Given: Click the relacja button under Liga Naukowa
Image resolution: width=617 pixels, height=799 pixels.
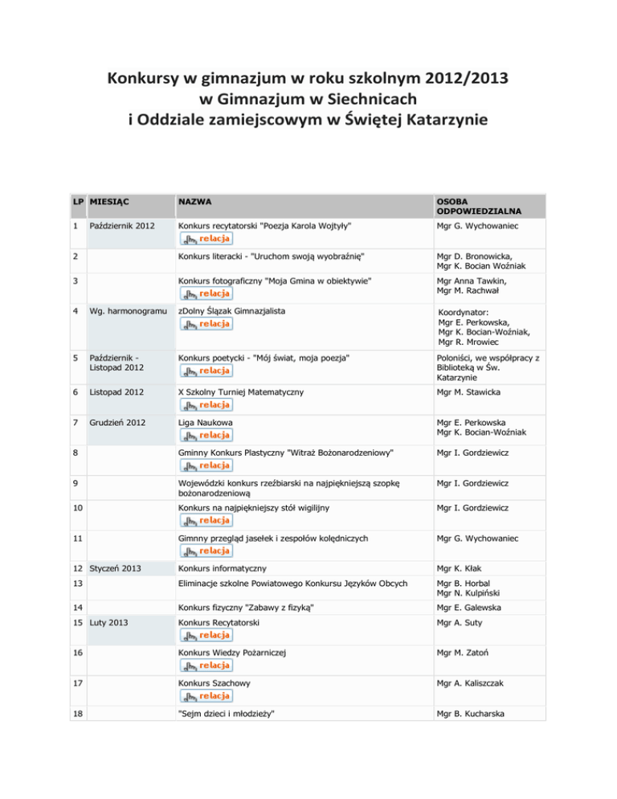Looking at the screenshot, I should pos(206,435).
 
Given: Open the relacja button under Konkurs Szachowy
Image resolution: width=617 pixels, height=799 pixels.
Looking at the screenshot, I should pos(206,695).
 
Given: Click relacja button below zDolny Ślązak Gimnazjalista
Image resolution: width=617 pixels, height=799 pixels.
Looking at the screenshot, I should pos(206,324).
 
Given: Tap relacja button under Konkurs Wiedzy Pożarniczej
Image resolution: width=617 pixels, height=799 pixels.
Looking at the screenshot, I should pos(206,665).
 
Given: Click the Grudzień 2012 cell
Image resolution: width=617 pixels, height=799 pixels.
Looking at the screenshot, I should pos(118,420).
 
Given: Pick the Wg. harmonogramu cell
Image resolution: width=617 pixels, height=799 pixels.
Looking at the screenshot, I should pos(124,310).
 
